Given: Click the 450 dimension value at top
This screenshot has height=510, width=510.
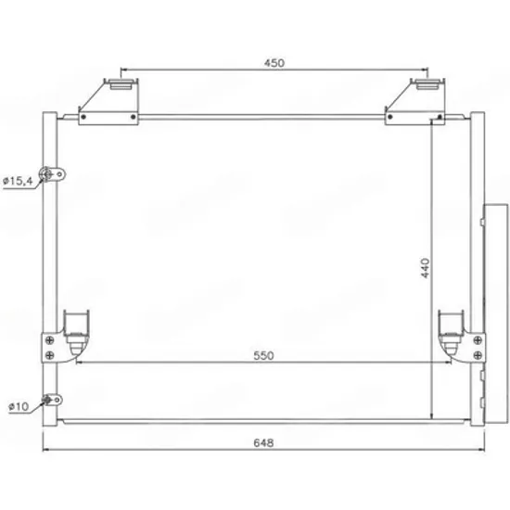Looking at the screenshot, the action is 274,63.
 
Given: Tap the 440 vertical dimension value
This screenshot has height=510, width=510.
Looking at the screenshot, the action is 425,268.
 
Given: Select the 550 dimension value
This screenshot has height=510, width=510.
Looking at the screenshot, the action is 263,355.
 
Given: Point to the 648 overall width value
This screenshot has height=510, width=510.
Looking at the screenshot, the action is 263,442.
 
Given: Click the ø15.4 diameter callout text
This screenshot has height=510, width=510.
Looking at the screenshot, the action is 18,181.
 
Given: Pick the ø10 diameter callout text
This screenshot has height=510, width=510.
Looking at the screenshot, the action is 19,406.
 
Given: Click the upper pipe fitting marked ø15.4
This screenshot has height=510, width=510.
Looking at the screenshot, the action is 52,174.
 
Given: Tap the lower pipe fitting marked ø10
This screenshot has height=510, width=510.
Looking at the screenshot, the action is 52,400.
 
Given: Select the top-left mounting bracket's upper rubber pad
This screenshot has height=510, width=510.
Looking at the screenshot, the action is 121,84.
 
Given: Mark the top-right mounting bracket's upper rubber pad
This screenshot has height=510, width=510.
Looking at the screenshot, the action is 427,84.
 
